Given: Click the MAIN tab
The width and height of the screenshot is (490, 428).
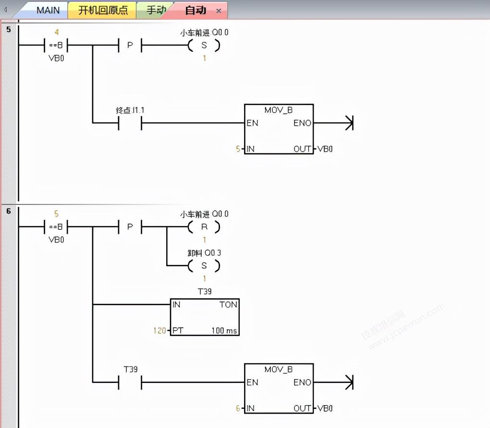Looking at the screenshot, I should click(48, 10).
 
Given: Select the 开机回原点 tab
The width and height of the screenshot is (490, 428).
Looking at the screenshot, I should click(103, 10).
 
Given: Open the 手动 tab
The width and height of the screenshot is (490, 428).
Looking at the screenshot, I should click(156, 10).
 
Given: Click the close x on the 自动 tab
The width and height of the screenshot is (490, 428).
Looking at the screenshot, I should click(219, 11).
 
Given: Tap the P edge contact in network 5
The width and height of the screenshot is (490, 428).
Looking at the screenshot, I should click(130, 46).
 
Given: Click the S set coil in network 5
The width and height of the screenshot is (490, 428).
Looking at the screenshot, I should click(204, 46).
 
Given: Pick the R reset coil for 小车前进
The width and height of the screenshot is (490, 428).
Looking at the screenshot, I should click(204, 226).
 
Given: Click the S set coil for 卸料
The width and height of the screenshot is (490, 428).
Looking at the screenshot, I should click(204, 265).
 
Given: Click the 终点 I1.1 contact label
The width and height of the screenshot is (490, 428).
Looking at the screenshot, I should click(130, 110).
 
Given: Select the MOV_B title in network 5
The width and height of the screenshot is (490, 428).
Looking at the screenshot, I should click(279, 110).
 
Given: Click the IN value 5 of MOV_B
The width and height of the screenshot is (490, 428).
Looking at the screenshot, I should click(238, 149).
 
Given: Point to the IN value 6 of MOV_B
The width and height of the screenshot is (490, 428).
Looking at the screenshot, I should click(238, 408).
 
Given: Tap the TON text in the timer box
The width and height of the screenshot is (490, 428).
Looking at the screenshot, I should click(228, 305).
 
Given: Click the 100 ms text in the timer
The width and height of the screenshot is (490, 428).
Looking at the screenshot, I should click(224, 331).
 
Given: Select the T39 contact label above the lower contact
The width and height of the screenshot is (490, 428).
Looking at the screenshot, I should click(130, 369).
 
